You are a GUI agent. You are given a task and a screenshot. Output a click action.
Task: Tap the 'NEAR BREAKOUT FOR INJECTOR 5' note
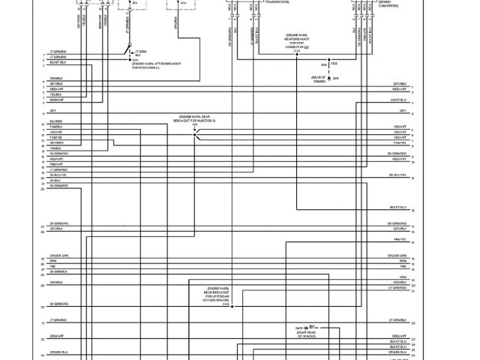point(196,118)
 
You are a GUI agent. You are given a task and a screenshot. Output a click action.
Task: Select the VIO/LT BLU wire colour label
point(398,99)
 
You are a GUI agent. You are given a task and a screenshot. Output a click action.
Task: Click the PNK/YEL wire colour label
point(400,239)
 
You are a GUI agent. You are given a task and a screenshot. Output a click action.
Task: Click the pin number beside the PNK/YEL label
point(413,239)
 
